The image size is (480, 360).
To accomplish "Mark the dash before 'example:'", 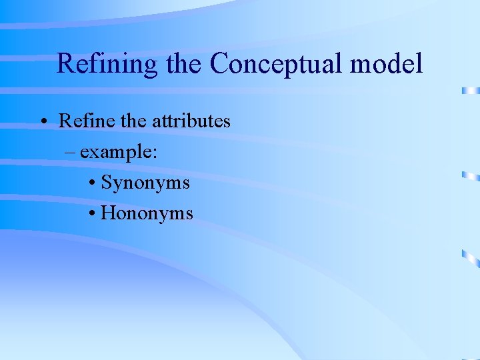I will pyautogui.click(x=71, y=152).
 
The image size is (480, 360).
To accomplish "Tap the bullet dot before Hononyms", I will pyautogui.click(x=92, y=214).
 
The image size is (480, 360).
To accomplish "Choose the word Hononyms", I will pyautogui.click(x=147, y=213).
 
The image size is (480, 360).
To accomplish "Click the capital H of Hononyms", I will pyautogui.click(x=108, y=213).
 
